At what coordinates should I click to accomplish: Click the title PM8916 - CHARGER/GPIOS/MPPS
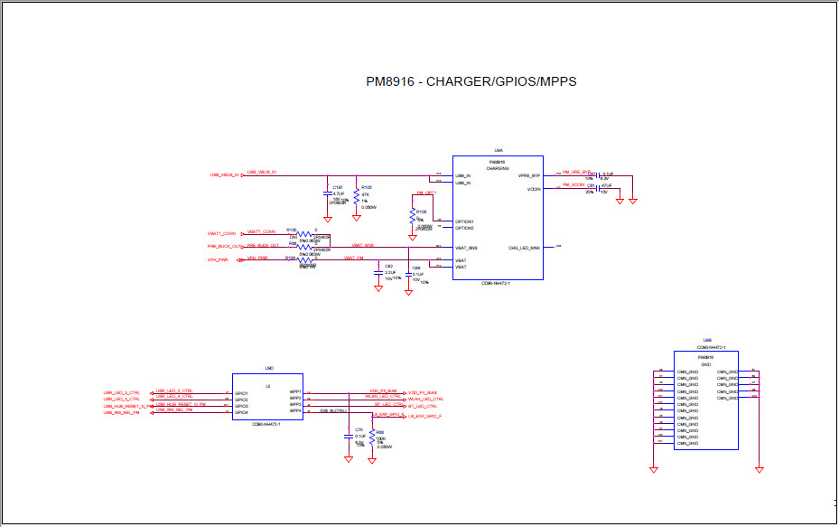471,82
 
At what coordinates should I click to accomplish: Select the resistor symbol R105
358,197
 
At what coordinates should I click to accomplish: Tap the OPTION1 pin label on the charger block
465,221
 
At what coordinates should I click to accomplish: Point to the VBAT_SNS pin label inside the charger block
466,248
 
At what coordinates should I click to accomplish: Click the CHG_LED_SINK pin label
524,248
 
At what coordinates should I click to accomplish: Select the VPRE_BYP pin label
528,175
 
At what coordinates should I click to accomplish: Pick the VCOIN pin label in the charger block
533,190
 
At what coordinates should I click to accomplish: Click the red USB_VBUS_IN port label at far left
224,175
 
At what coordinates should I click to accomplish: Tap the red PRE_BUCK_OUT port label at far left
225,247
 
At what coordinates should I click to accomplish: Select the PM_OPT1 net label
425,193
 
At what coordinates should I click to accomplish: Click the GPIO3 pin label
242,406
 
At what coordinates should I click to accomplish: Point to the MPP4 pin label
294,411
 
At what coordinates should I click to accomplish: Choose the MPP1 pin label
294,393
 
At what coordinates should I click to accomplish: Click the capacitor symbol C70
349,436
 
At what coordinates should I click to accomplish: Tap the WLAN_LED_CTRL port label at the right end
426,399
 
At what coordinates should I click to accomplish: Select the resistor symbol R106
413,217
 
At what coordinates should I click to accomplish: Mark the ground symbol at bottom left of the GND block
652,468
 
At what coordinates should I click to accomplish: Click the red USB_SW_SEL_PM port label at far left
123,412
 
